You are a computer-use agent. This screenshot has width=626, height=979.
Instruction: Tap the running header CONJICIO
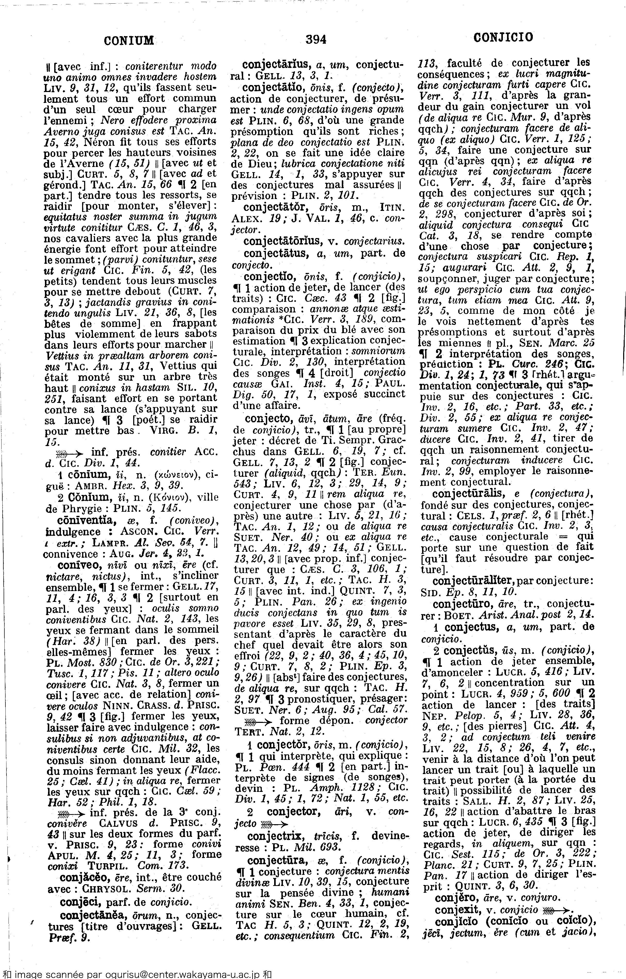pos(503,38)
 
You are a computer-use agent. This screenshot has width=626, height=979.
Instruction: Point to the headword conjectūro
pos(462,603)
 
